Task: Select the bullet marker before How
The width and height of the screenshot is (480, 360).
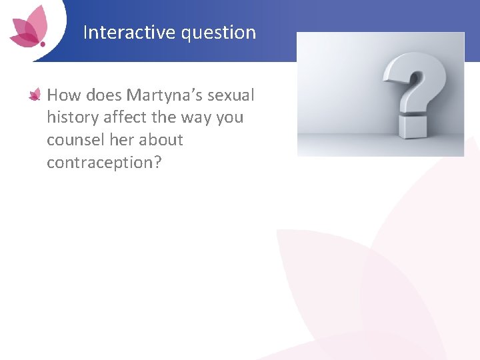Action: pos(35,96)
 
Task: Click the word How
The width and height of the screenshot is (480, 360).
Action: pos(63,95)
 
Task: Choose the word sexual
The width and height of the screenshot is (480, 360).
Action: pos(231,95)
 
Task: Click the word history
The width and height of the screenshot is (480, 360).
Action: pos(71,118)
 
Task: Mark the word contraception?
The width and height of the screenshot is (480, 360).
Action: pos(104,163)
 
